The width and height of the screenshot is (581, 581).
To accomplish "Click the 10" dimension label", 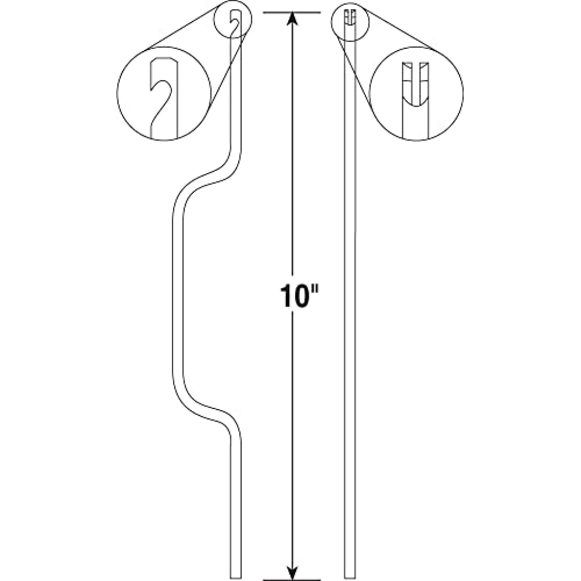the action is click(300, 296).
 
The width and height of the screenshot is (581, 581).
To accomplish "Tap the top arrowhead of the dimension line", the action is click(293, 19).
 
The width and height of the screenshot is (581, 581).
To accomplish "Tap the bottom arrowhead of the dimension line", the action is click(293, 572).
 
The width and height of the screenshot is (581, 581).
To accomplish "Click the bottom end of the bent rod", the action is click(235, 578).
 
